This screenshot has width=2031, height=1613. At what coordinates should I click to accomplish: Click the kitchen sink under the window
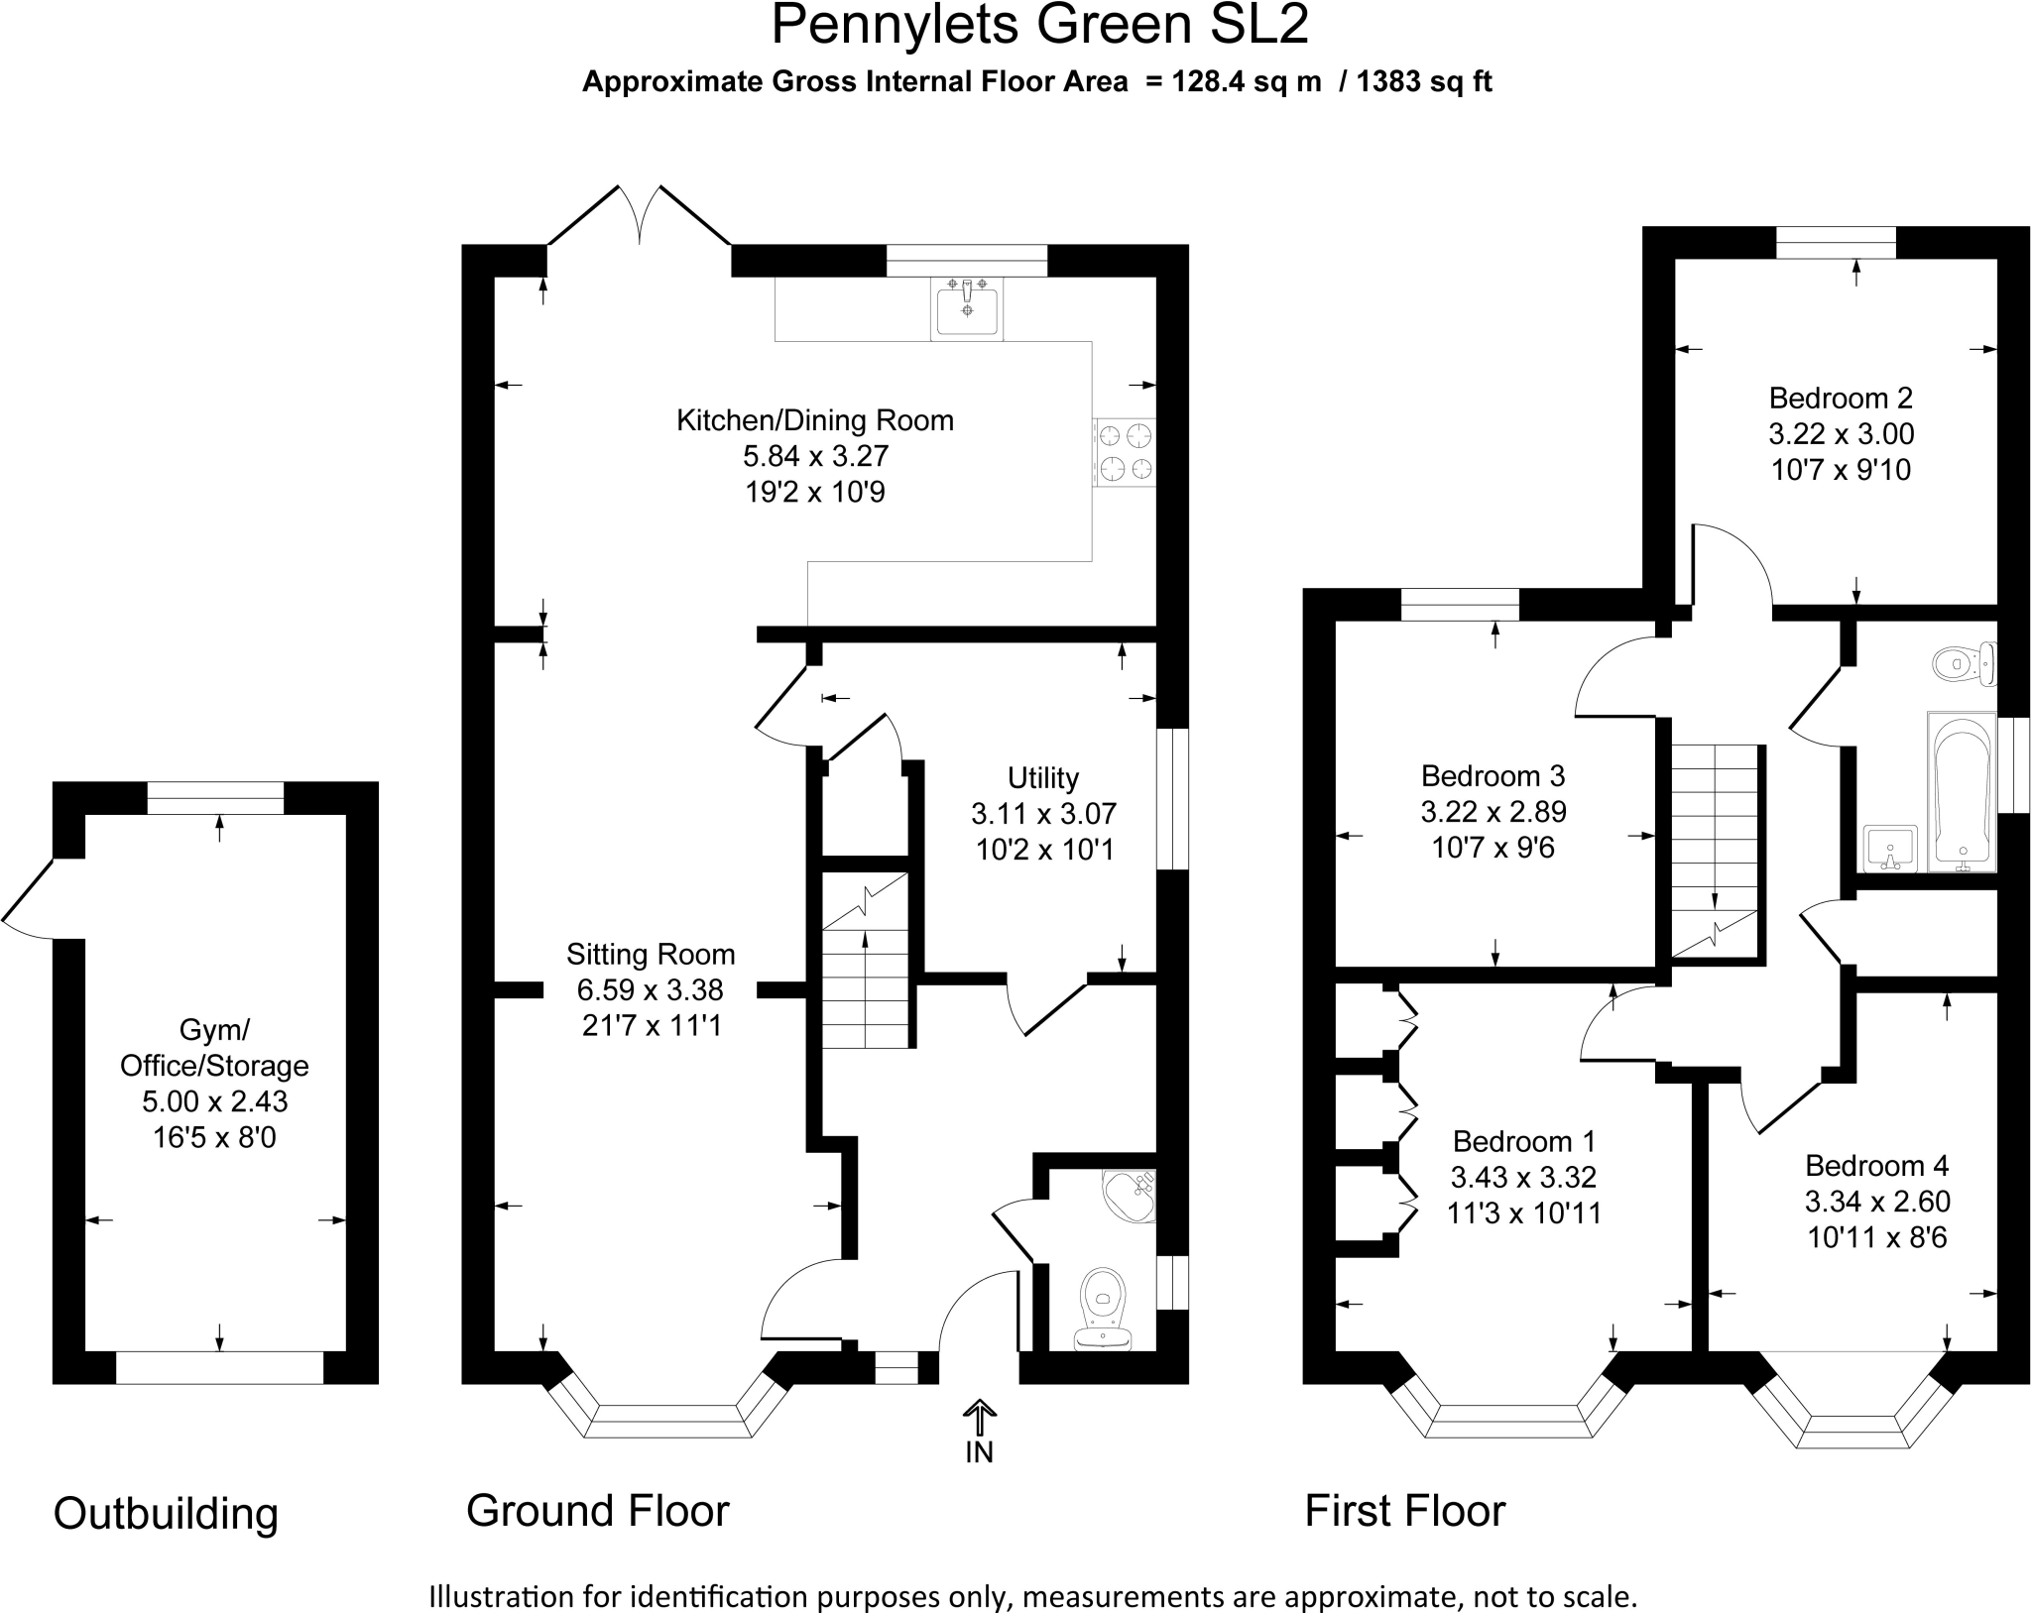pyautogui.click(x=967, y=308)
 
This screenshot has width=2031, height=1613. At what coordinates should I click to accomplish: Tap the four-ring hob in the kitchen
pyautogui.click(x=1125, y=452)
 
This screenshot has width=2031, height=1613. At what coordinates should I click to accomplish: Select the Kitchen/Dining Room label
pyautogui.click(x=815, y=420)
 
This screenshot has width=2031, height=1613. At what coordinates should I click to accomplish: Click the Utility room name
pyautogui.click(x=1043, y=777)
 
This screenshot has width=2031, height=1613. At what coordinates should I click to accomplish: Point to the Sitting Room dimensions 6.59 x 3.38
pyautogui.click(x=651, y=989)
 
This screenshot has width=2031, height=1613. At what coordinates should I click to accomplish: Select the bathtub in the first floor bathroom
pyautogui.click(x=1961, y=791)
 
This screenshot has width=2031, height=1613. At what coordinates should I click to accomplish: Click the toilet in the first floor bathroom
pyautogui.click(x=1965, y=663)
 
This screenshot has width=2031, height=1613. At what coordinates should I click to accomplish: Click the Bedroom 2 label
pyautogui.click(x=1842, y=398)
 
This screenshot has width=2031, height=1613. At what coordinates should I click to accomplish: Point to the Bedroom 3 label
pyautogui.click(x=1493, y=775)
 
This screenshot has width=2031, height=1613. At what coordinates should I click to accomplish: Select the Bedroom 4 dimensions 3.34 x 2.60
pyautogui.click(x=1877, y=1202)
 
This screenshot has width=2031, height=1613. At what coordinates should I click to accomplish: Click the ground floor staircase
pyautogui.click(x=866, y=960)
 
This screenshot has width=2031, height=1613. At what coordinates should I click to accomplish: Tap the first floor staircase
pyautogui.click(x=1716, y=851)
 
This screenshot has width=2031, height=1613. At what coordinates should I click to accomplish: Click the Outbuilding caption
pyautogui.click(x=166, y=1514)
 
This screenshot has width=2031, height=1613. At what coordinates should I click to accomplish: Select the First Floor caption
pyautogui.click(x=1405, y=1511)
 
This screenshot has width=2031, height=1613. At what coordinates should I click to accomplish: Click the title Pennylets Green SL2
pyautogui.click(x=1039, y=25)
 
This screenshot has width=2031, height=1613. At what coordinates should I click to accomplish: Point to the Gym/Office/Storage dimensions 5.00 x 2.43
pyautogui.click(x=215, y=1101)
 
